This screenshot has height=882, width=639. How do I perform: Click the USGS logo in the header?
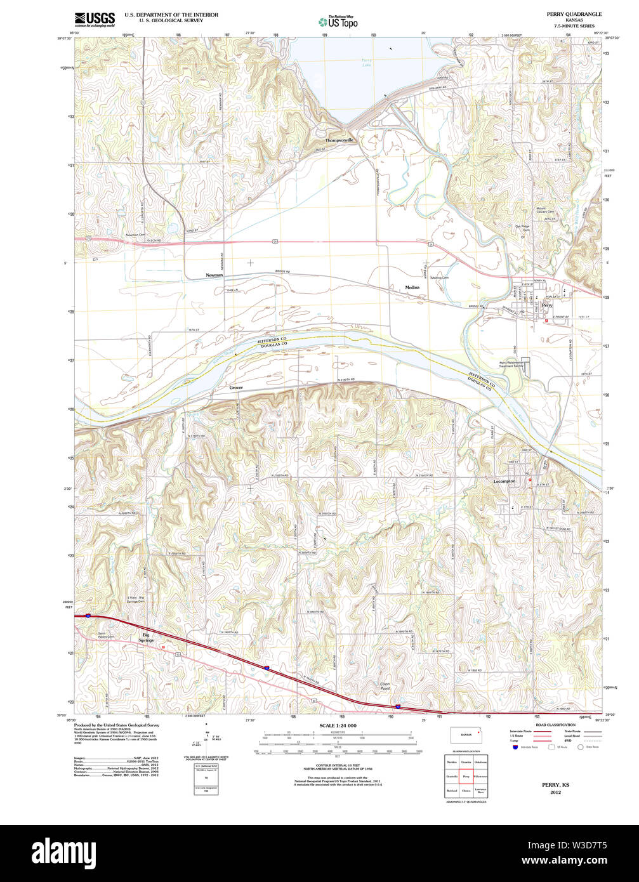coord(95,19)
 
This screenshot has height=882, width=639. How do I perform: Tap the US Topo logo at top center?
coord(338,22)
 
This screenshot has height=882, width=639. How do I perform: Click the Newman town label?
coord(214,275)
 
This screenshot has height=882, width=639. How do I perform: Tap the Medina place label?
coord(412,287)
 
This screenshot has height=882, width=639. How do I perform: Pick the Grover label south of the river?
coord(236,387)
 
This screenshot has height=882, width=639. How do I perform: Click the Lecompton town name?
coord(504,482)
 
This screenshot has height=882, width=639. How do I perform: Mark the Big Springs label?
coord(147,637)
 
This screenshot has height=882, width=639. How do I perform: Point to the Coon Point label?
coord(385,685)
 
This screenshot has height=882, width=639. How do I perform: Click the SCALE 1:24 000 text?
coord(338,725)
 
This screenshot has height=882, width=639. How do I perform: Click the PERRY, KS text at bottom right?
coord(555,785)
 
